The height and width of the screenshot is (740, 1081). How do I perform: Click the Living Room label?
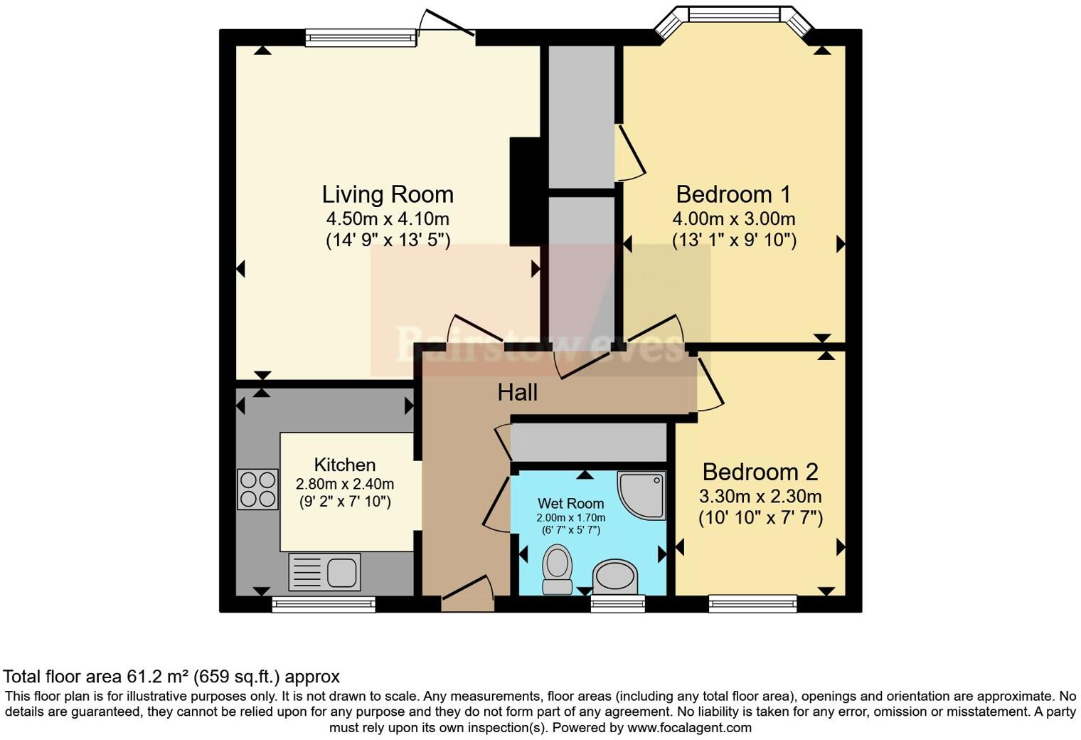point(388,194)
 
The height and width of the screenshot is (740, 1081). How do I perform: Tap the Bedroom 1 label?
point(733,194)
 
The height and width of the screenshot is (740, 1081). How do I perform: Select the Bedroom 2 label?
point(760,472)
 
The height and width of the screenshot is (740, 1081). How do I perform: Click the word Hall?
point(517,392)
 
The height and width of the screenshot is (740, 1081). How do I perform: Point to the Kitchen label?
point(345,465)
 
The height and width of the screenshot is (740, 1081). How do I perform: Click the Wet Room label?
point(570,503)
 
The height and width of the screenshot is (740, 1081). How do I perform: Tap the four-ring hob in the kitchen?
point(257,489)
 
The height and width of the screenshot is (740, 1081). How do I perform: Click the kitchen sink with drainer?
point(324,571)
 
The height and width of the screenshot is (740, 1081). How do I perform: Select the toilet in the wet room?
point(557,569)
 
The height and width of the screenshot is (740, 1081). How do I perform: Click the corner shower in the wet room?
point(643,494)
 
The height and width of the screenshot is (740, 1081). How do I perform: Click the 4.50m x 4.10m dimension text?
point(388,218)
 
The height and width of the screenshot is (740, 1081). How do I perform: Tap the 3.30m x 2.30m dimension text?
point(760,496)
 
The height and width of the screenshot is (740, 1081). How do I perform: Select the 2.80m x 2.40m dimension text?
point(345,484)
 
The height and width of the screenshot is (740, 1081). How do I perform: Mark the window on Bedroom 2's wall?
point(752,604)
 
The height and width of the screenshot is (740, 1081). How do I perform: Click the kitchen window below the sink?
point(324,604)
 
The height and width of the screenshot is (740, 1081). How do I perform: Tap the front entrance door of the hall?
point(468,594)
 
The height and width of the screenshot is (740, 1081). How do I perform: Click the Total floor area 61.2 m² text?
point(171,676)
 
